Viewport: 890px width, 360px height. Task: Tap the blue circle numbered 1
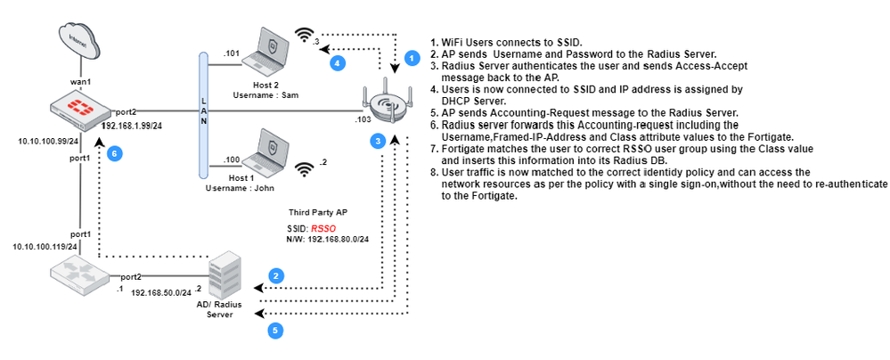click(411, 57)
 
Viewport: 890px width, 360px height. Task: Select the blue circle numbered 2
click(277, 276)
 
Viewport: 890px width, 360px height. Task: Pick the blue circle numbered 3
click(378, 141)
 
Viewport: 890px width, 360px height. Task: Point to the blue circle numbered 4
click(337, 64)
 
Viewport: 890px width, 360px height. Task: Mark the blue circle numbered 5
click(277, 331)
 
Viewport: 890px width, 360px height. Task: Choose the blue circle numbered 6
click(112, 153)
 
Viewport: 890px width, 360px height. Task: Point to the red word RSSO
click(309, 229)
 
